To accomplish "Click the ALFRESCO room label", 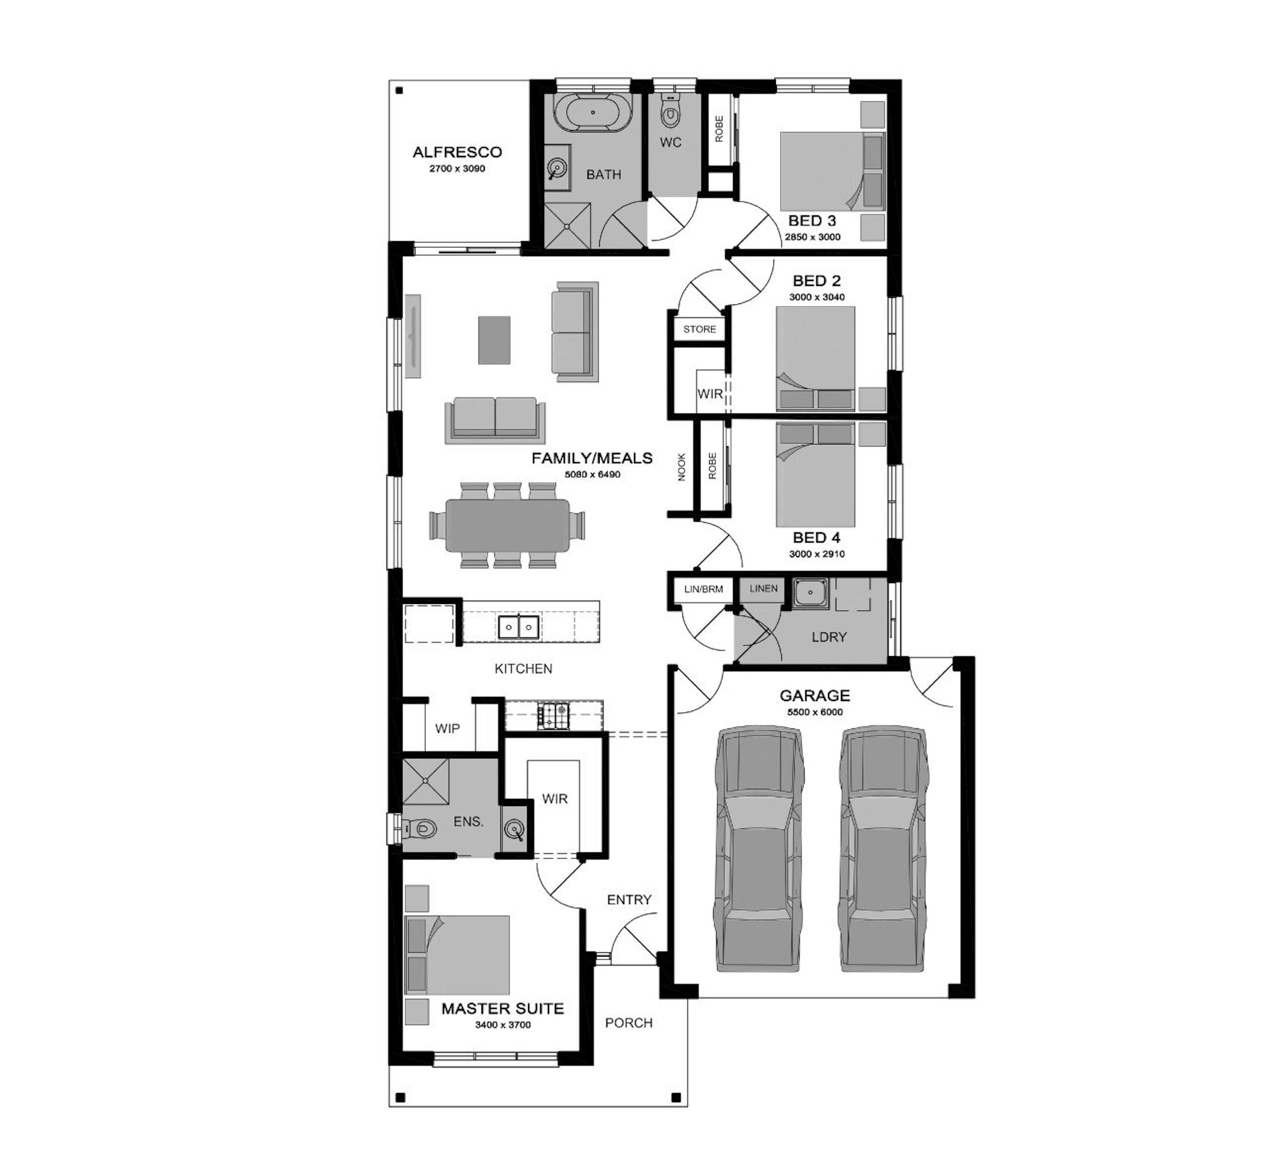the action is [x=457, y=152].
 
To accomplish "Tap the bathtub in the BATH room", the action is [x=592, y=113].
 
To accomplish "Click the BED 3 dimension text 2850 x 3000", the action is [x=813, y=237].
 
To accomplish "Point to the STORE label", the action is [x=699, y=329].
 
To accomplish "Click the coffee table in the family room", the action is [x=494, y=340].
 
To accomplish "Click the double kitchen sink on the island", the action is [x=518, y=627].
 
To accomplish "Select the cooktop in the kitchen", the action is [x=553, y=716].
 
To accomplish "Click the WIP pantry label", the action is [x=447, y=729].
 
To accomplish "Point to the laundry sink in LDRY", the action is [x=810, y=593].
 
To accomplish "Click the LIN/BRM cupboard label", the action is [x=703, y=589].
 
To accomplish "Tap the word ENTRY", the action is [x=629, y=900].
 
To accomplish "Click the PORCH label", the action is [x=629, y=1023].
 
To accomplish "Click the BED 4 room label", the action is [x=816, y=538].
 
